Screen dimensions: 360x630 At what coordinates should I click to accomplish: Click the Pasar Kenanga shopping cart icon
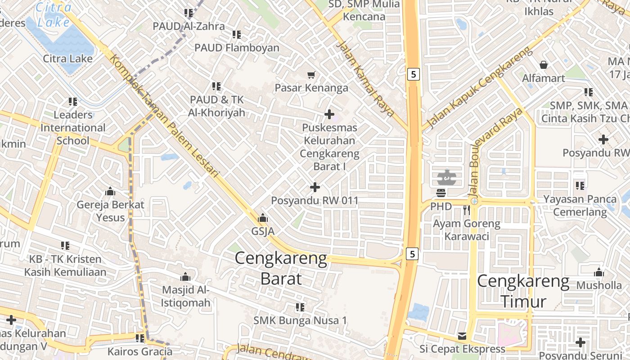pos(311,75)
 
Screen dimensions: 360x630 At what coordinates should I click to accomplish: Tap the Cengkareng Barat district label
pos(281,269)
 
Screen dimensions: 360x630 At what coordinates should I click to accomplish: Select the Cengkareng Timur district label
pos(523,291)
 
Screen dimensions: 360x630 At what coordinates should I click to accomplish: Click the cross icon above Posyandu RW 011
pos(315,187)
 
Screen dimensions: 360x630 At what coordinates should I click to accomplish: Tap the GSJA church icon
pos(263,218)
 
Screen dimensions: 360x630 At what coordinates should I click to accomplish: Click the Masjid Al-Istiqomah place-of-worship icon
pos(185,277)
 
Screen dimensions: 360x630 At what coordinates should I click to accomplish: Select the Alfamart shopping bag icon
pos(544,65)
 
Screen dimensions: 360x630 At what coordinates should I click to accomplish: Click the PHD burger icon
pos(441,193)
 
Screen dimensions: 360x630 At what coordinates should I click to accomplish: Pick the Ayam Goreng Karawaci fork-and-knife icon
pos(466,210)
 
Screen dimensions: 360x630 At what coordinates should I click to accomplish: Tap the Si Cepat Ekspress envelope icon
pos(462,336)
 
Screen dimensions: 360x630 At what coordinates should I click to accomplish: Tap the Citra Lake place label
pos(68,58)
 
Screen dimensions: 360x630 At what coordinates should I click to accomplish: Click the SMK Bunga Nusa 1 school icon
pos(300,307)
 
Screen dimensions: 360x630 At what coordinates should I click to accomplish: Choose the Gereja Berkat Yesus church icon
pos(110,192)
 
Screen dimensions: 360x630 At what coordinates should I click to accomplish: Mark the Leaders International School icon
pos(72,102)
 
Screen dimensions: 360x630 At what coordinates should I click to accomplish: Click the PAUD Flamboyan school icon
pos(237,35)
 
